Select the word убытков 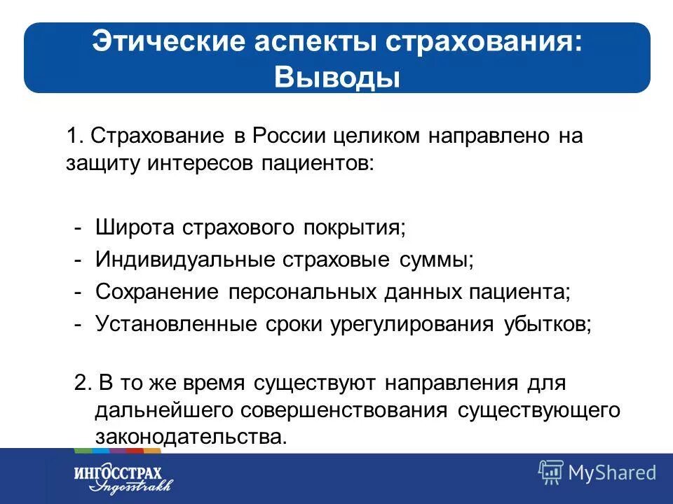547,323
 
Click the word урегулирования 412,324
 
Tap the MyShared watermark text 612,472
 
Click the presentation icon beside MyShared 550,472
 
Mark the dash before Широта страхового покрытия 80,228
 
